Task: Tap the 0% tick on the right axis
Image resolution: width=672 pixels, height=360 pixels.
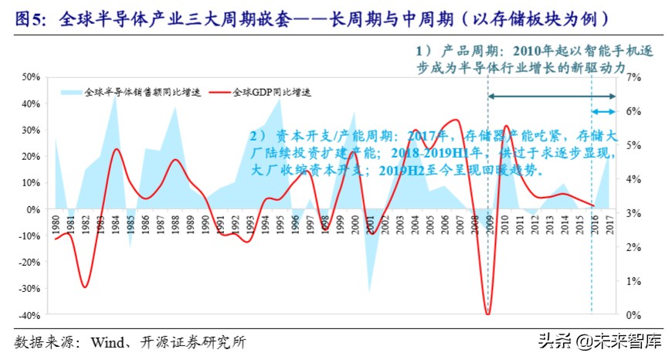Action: [x=632, y=315]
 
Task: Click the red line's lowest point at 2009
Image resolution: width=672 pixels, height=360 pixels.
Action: [x=487, y=314]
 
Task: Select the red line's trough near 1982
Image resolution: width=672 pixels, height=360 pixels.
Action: [x=85, y=287]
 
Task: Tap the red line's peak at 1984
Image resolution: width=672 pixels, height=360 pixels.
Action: [x=116, y=149]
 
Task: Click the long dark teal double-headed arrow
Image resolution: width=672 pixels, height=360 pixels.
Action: [x=552, y=96]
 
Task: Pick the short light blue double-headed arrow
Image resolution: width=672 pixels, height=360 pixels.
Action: [x=604, y=113]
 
